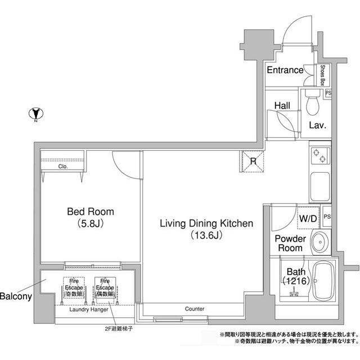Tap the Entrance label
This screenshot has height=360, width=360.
285,70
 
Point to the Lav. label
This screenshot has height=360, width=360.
318,125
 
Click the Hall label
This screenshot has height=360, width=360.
282,106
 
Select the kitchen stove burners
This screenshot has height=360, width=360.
319,155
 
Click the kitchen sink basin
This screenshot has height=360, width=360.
319,186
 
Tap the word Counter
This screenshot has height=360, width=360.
194,309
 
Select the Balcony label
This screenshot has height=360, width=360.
15,296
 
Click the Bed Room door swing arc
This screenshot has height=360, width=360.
121,164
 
